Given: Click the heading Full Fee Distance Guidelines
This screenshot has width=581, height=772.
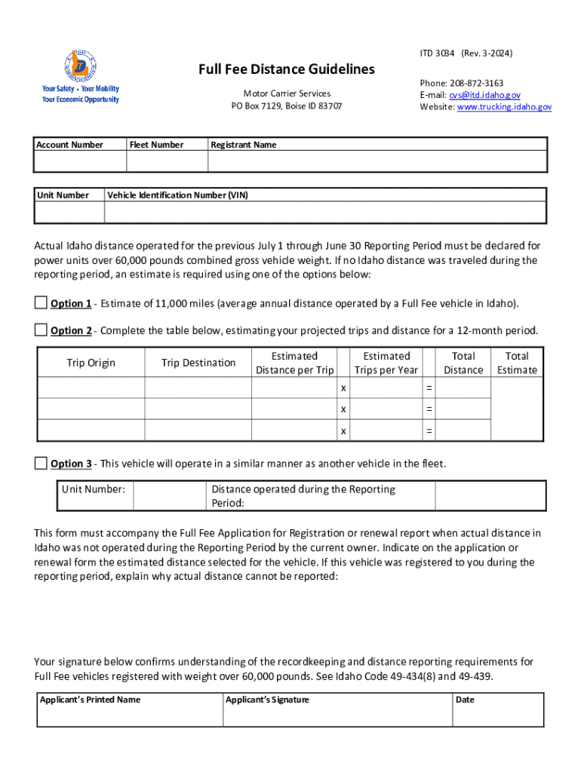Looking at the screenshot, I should [286, 69].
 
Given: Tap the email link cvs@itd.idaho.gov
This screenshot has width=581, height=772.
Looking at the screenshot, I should [484, 95].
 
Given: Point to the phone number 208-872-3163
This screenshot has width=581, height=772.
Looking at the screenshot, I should [477, 83].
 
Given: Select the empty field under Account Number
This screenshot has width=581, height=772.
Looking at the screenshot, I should [81, 161].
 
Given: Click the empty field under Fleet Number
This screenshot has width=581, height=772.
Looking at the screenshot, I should [166, 161].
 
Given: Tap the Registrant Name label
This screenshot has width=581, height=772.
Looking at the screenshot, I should [244, 145].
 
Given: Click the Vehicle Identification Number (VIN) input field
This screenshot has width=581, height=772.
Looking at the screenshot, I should [324, 213].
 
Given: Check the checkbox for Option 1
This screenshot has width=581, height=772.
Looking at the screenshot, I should [41, 303].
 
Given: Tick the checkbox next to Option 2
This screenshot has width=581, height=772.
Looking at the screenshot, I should [41, 329].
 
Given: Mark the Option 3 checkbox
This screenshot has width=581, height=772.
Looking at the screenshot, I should [41, 463].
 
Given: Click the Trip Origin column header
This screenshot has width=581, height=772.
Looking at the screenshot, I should [91, 363].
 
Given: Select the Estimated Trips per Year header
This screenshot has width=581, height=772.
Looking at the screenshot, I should [386, 363].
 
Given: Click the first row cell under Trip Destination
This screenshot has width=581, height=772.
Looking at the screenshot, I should [198, 388].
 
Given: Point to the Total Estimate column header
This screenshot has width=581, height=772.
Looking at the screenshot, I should [517, 363].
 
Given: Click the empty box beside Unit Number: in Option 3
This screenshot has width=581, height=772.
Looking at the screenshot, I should [170, 495].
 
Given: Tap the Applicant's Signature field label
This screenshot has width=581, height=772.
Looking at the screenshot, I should [268, 700].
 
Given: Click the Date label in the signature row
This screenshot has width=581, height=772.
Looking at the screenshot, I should [465, 700].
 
